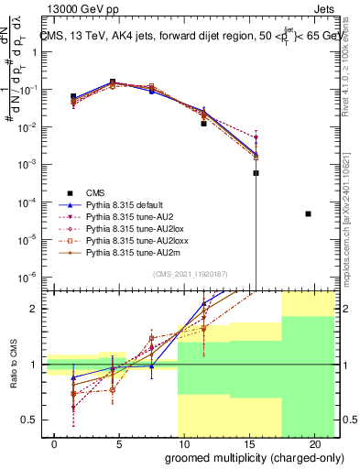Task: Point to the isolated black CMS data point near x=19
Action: click(308, 213)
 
